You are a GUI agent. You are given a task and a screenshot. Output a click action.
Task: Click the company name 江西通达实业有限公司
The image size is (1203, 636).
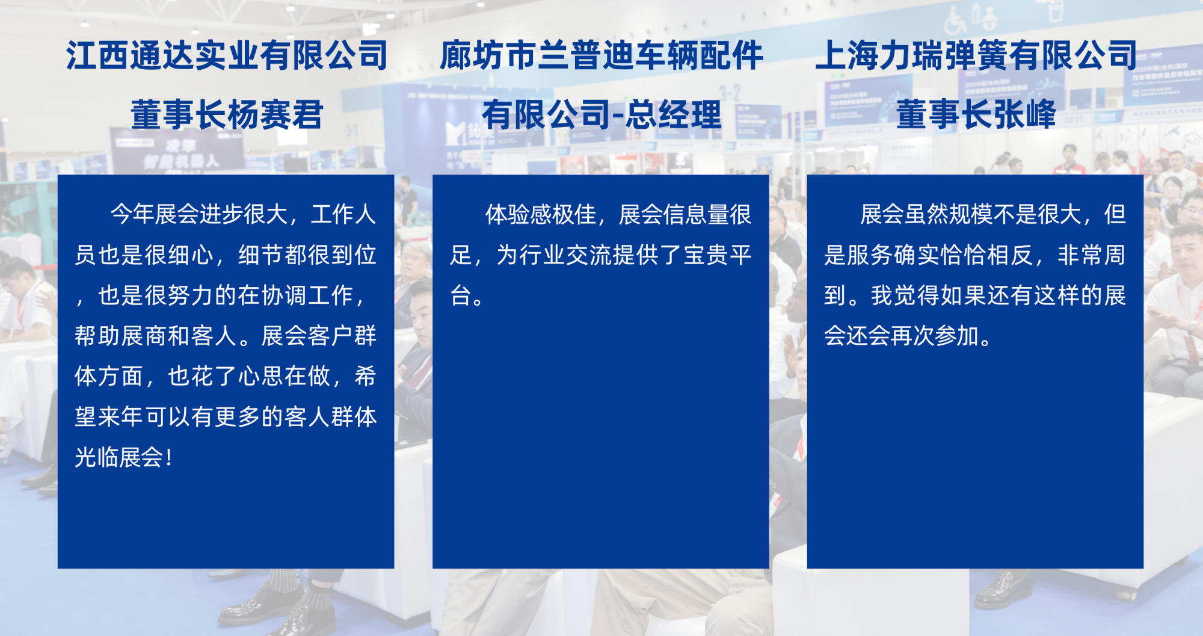click(x=227, y=55)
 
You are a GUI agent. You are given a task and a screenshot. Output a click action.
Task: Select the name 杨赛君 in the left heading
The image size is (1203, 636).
click(x=275, y=114)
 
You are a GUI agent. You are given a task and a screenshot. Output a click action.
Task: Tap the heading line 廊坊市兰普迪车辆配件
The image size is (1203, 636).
click(x=601, y=55)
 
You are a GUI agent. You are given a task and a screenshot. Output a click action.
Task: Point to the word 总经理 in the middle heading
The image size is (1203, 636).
click(x=673, y=114)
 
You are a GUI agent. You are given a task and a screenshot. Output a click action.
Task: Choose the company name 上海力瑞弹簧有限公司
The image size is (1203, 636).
click(x=976, y=55)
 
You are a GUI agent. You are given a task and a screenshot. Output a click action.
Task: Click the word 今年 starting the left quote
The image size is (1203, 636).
click(x=132, y=214)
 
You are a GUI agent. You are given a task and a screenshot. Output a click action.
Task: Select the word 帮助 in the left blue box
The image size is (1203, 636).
click(x=97, y=336)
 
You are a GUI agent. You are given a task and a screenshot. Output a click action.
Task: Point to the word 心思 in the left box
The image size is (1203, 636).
click(x=261, y=377)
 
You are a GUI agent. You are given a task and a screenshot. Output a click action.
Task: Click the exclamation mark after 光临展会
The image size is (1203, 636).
click(x=169, y=457)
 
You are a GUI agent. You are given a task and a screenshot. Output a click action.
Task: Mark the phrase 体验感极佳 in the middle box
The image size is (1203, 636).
click(x=541, y=214)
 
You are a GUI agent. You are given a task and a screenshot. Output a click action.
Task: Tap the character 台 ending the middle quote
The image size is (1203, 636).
click(x=461, y=295)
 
